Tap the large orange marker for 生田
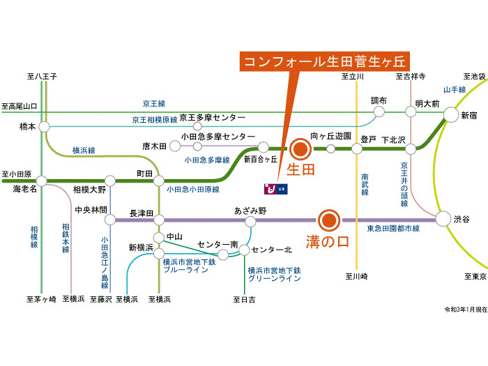(300, 148)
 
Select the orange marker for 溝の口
(328, 220)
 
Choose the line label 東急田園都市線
(393, 229)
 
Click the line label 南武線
(365, 188)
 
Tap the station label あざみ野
(250, 210)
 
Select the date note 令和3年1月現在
(464, 309)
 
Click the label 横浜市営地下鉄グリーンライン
(273, 273)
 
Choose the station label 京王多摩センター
(212, 118)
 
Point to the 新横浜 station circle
(159, 254)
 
